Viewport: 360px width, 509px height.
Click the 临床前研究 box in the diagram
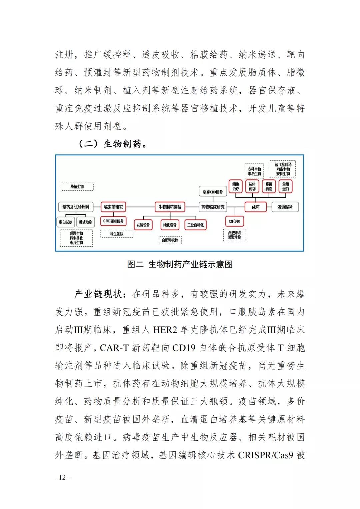click(113, 207)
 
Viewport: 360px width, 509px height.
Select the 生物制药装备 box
click(170, 207)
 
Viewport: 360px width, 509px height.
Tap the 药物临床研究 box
click(213, 207)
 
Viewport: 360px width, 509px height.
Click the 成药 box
click(256, 207)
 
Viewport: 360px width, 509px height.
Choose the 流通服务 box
click(285, 207)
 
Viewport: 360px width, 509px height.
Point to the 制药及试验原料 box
click(76, 207)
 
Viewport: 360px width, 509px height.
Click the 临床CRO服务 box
click(213, 192)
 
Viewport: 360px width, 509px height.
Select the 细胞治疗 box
click(236, 186)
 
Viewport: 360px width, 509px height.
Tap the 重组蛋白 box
click(286, 186)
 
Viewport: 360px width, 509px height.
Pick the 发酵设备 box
click(143, 225)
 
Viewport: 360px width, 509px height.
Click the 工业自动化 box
click(196, 225)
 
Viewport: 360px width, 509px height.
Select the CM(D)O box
click(235, 221)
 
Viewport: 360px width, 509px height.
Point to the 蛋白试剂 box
click(66, 222)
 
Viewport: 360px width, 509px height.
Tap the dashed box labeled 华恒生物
click(77, 187)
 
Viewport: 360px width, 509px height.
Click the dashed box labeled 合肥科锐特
click(170, 240)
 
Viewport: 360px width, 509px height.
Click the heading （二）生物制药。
click(113, 144)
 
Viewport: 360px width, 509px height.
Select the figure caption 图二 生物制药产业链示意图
click(180, 264)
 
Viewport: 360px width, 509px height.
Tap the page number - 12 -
click(62, 477)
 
